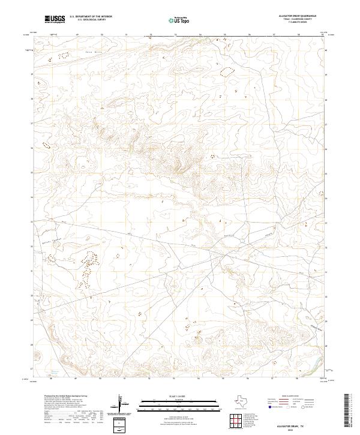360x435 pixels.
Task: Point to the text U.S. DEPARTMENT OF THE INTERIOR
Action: click(x=91, y=17)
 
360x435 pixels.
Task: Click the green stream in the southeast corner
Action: click(x=312, y=360)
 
